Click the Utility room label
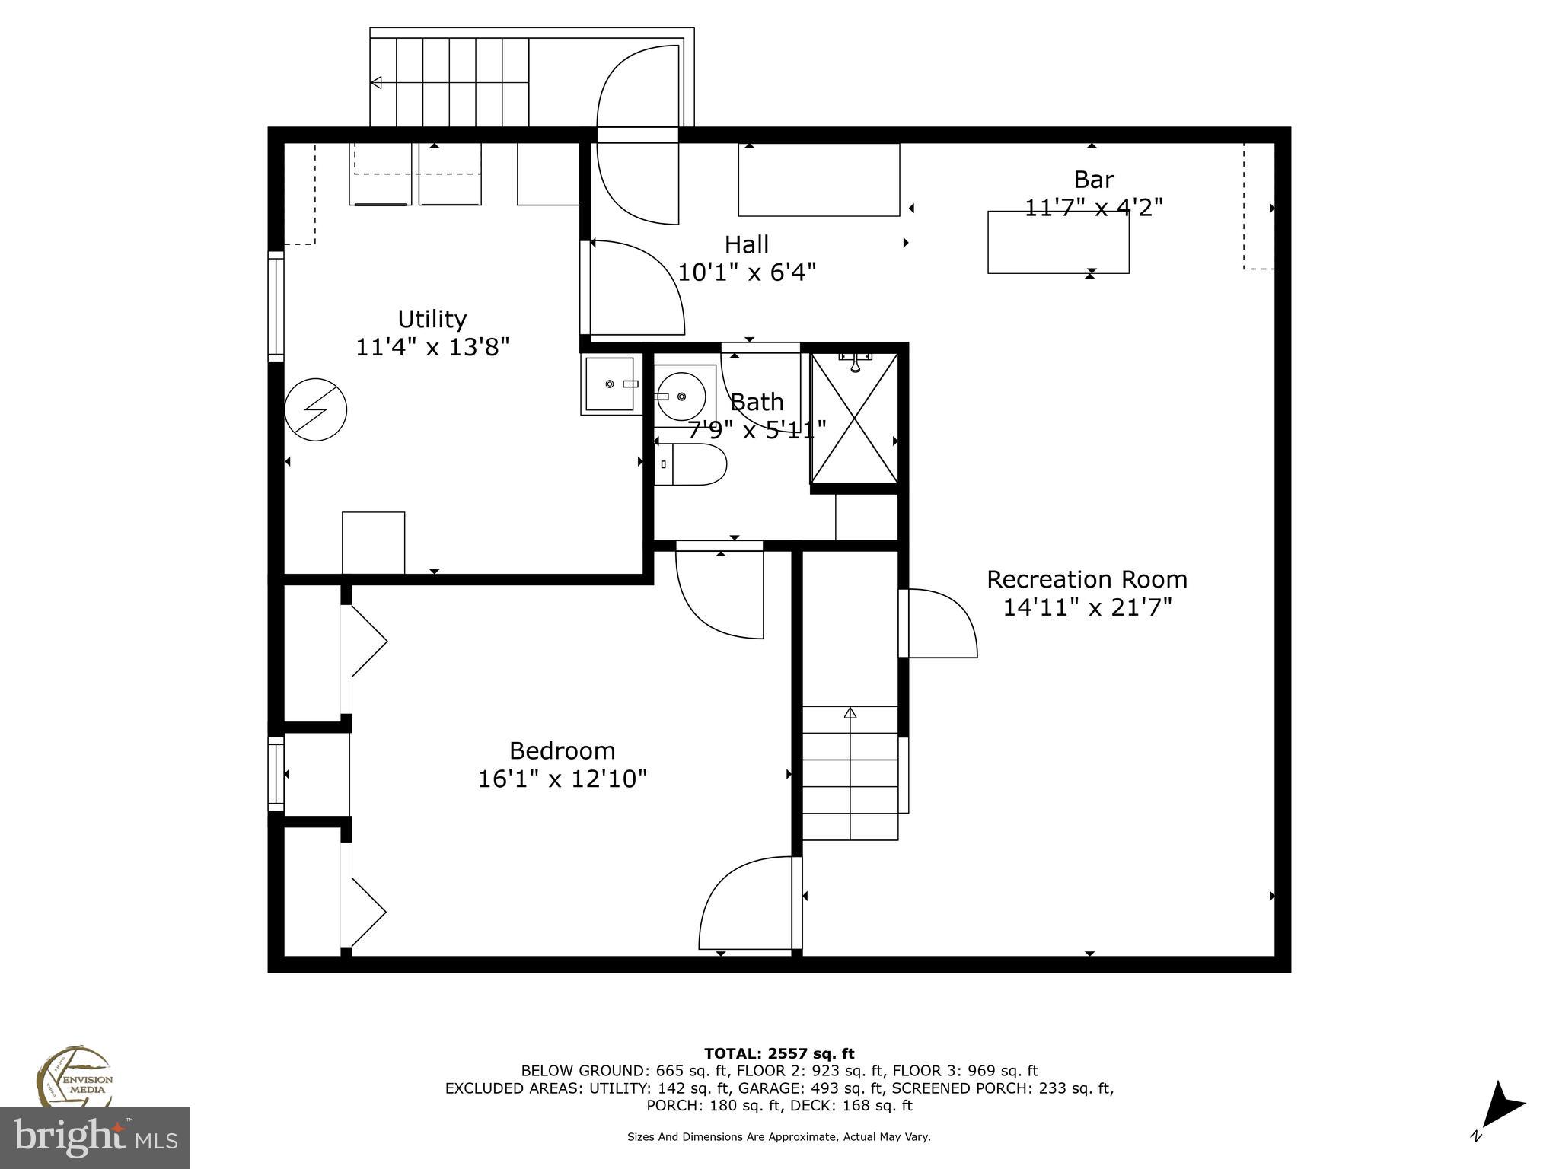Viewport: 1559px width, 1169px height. point(432,319)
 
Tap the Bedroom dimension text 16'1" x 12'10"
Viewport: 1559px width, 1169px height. point(562,779)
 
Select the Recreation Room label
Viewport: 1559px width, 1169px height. point(1086,579)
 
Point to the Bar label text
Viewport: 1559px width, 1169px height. point(1093,180)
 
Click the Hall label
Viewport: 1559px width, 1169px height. point(746,244)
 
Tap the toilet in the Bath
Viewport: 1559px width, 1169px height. point(691,464)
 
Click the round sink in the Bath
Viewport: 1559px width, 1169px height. point(681,396)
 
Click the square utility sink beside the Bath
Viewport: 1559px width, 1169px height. point(610,384)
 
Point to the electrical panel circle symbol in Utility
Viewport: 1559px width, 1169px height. point(315,409)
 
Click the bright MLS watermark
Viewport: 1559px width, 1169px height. point(94,1137)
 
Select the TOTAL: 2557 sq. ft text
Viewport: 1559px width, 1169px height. point(779,1054)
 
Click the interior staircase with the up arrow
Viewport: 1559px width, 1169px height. point(850,772)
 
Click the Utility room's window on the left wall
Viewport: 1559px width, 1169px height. point(276,306)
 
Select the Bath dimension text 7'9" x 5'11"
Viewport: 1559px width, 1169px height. point(757,431)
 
